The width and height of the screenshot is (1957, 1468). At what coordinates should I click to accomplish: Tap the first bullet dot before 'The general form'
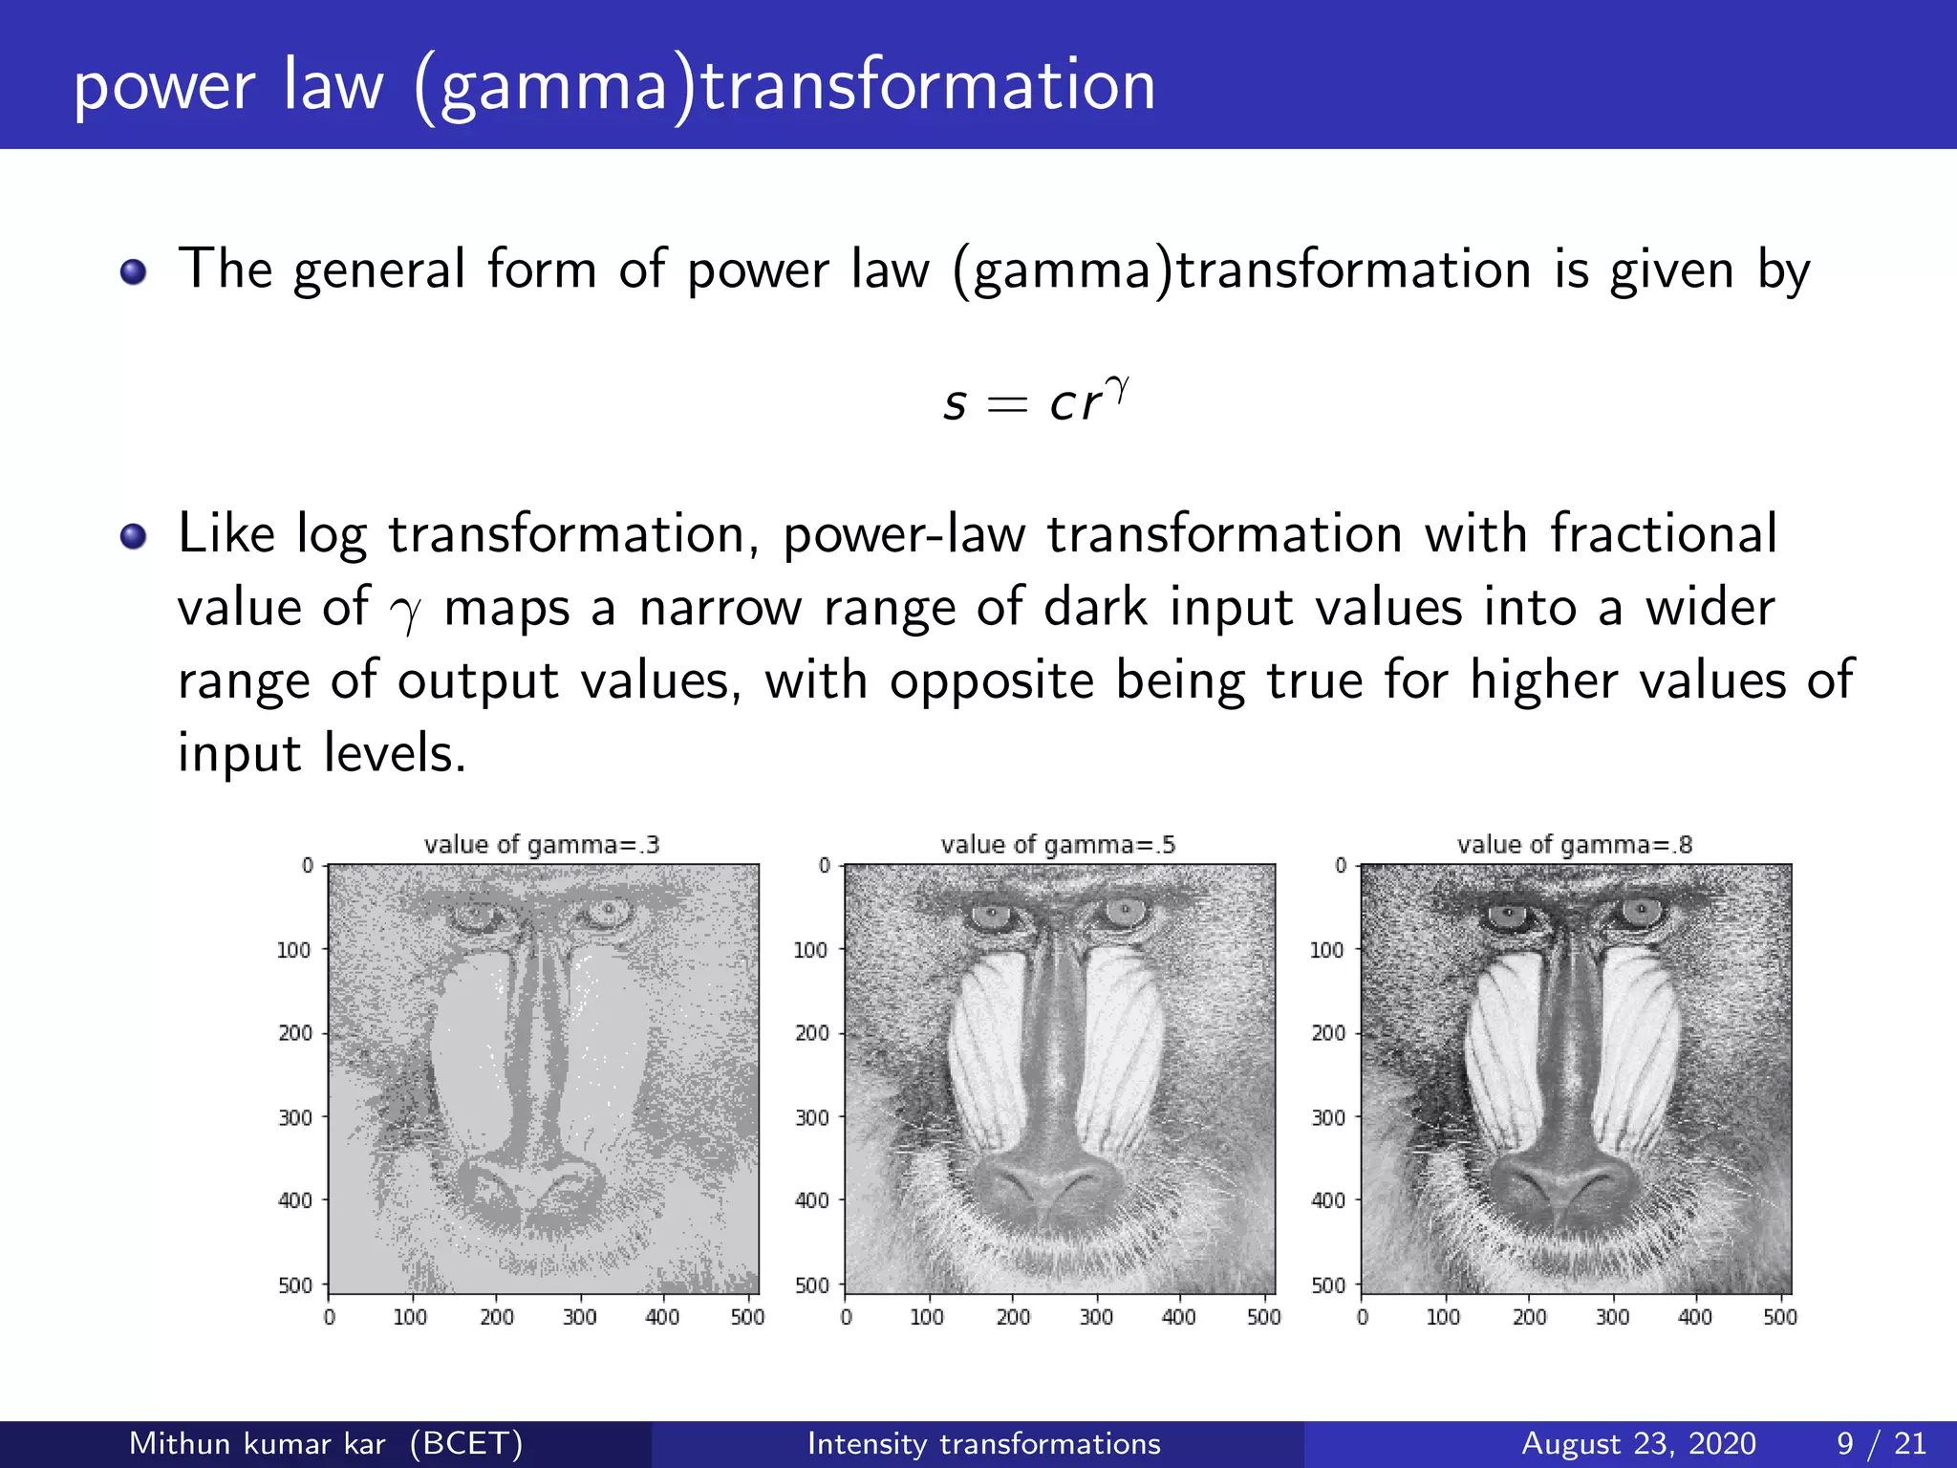(134, 272)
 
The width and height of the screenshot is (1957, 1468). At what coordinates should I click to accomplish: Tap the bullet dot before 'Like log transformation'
(134, 536)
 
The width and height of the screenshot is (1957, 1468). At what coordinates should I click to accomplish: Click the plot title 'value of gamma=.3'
(542, 845)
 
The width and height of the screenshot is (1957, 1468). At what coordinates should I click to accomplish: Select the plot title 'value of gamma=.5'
(1058, 845)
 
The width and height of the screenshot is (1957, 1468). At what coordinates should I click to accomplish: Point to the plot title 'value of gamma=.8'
(1574, 845)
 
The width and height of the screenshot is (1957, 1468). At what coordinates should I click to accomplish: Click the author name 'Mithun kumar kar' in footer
(257, 1443)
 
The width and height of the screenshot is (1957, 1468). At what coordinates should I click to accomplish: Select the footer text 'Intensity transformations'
(983, 1443)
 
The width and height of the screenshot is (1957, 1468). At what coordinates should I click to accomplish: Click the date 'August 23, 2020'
(1638, 1443)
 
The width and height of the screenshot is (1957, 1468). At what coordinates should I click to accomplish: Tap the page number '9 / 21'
(1881, 1443)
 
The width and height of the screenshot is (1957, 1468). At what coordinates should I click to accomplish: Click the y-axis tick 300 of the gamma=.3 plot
(295, 1117)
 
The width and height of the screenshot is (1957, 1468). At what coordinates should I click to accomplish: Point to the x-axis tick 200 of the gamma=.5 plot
(1013, 1317)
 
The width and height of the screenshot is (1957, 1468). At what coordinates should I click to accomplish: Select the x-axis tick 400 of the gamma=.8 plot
(1695, 1317)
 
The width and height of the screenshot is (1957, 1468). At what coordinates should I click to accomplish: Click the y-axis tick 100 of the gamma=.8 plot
(1326, 950)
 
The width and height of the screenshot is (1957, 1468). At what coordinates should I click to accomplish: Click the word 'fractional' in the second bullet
(1663, 533)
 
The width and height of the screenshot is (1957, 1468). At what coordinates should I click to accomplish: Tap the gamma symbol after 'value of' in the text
(406, 612)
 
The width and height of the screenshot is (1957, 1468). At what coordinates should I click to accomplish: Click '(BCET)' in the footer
(466, 1443)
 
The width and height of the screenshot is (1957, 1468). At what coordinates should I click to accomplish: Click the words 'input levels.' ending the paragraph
(322, 753)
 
